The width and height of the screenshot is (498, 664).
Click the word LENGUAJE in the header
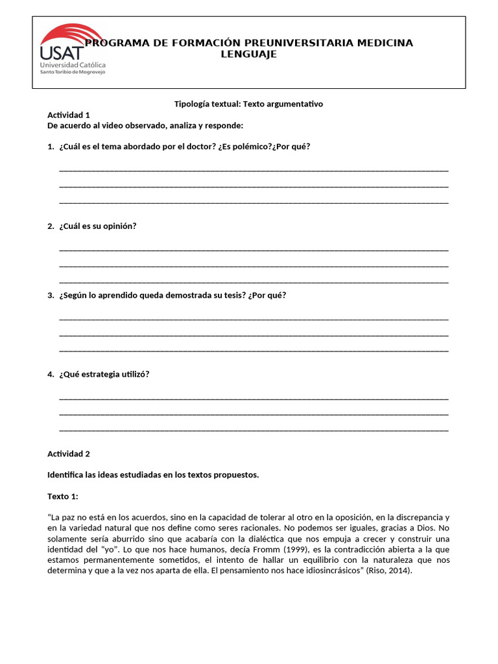(x=248, y=54)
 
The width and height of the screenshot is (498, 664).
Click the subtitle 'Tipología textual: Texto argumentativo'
(x=249, y=104)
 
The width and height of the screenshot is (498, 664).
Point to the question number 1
(x=51, y=147)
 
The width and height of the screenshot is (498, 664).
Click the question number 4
(x=51, y=374)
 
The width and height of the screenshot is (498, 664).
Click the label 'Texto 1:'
(x=63, y=496)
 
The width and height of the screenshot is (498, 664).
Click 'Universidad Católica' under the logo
(x=73, y=65)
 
